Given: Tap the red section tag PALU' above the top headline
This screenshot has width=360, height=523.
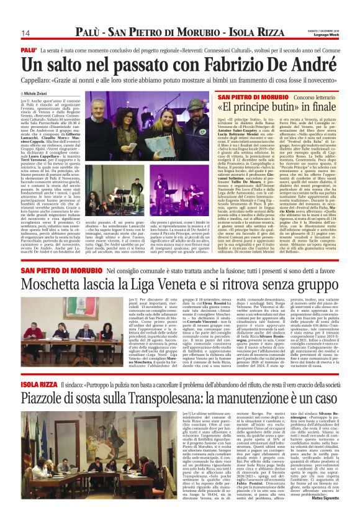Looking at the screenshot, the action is tap(29, 48).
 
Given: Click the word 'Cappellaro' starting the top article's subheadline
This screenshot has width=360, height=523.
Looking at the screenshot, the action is tap(38, 81).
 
